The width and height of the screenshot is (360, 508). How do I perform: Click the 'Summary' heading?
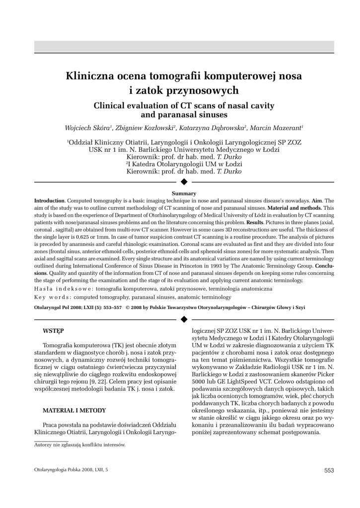point(184,193)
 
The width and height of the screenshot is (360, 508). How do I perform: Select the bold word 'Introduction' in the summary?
point(49,200)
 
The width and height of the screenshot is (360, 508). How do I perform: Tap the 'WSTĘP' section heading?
point(53,330)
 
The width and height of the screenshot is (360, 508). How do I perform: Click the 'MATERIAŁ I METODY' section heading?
point(74,411)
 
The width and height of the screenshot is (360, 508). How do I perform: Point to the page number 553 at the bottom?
point(329,470)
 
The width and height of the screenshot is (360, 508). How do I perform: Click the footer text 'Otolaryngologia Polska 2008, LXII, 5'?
point(71,469)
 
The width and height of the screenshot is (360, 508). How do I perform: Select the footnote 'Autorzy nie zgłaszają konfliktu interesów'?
point(79,445)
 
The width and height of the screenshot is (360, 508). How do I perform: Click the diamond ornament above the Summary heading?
point(184,182)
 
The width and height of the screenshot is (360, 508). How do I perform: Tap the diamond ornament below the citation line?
point(184,317)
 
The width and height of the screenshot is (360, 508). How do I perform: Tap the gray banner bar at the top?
point(184,47)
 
